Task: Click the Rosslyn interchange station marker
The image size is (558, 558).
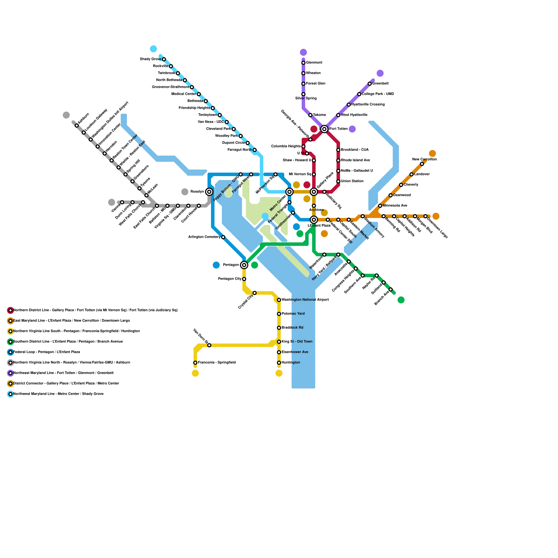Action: pyautogui.click(x=209, y=192)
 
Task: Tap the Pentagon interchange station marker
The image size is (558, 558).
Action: pyautogui.click(x=244, y=265)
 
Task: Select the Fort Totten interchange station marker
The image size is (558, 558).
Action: pyautogui.click(x=324, y=129)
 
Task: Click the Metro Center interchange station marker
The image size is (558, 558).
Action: pyautogui.click(x=289, y=192)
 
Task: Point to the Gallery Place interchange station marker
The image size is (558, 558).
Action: pyautogui.click(x=314, y=192)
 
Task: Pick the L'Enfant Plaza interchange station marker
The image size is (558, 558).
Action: pyautogui.click(x=314, y=220)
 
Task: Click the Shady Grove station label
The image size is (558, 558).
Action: pyautogui.click(x=150, y=59)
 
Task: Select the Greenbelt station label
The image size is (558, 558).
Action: pyautogui.click(x=380, y=84)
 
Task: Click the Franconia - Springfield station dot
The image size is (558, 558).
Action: pyautogui.click(x=195, y=363)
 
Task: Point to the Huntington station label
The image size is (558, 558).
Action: pyautogui.click(x=291, y=363)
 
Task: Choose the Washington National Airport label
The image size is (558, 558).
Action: pyautogui.click(x=305, y=300)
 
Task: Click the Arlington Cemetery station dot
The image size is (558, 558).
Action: pyautogui.click(x=223, y=237)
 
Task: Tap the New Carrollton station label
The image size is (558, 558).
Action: pyautogui.click(x=424, y=159)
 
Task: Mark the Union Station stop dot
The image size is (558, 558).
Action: pyautogui.click(x=338, y=181)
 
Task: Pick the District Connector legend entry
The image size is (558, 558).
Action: pyautogui.click(x=66, y=384)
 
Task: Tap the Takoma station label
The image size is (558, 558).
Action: pyautogui.click(x=319, y=115)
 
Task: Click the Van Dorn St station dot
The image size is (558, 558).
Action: pyautogui.click(x=209, y=345)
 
